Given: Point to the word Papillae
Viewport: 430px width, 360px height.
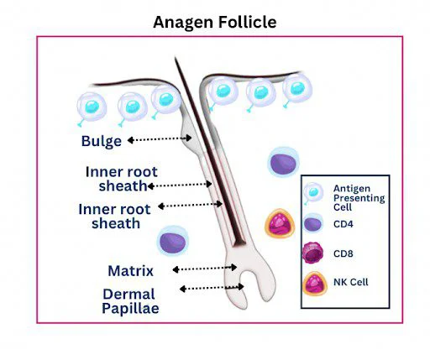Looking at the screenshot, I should point(130,309).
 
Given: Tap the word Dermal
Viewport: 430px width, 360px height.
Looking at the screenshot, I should point(129,294).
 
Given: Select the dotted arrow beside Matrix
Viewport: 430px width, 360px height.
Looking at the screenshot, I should point(203,269).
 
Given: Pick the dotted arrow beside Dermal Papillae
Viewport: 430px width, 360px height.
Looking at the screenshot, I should point(212,288).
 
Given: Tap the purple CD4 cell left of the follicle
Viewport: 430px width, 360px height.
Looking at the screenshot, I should point(173,243).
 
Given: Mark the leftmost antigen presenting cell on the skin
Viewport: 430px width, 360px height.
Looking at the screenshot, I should point(92,105).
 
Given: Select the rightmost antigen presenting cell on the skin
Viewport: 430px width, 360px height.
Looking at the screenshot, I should point(295,87).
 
